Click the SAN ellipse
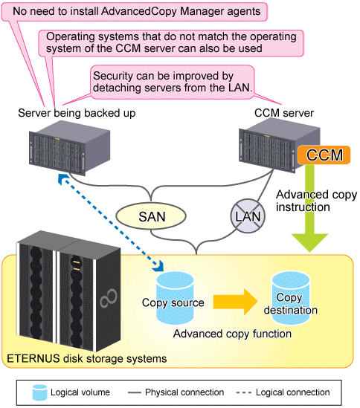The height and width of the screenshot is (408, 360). point(151,216)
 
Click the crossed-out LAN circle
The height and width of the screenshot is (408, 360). point(248,216)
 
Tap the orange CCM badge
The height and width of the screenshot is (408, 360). point(324,155)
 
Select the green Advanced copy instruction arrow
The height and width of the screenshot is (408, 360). point(309,208)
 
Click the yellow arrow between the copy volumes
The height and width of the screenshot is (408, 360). point(235,302)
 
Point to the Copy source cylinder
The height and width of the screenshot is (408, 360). point(175,298)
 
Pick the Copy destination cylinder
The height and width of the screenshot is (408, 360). point(291,298)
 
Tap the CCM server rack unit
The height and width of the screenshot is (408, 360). point(279,145)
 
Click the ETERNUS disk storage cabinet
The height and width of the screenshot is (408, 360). point(68,291)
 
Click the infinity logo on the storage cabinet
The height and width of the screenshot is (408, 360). point(109,298)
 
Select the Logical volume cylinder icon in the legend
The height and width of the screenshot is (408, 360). point(39,392)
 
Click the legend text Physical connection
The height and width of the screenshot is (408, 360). point(184,392)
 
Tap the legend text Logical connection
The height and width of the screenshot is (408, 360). point(292,392)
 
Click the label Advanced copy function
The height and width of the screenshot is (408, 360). point(232,334)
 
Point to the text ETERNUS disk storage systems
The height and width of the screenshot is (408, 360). point(87,358)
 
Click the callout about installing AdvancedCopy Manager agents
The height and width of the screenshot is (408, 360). point(135,11)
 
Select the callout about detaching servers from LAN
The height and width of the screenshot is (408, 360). point(172,82)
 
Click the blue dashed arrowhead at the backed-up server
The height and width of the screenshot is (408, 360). point(62,179)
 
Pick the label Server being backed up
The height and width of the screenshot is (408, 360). point(77,113)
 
